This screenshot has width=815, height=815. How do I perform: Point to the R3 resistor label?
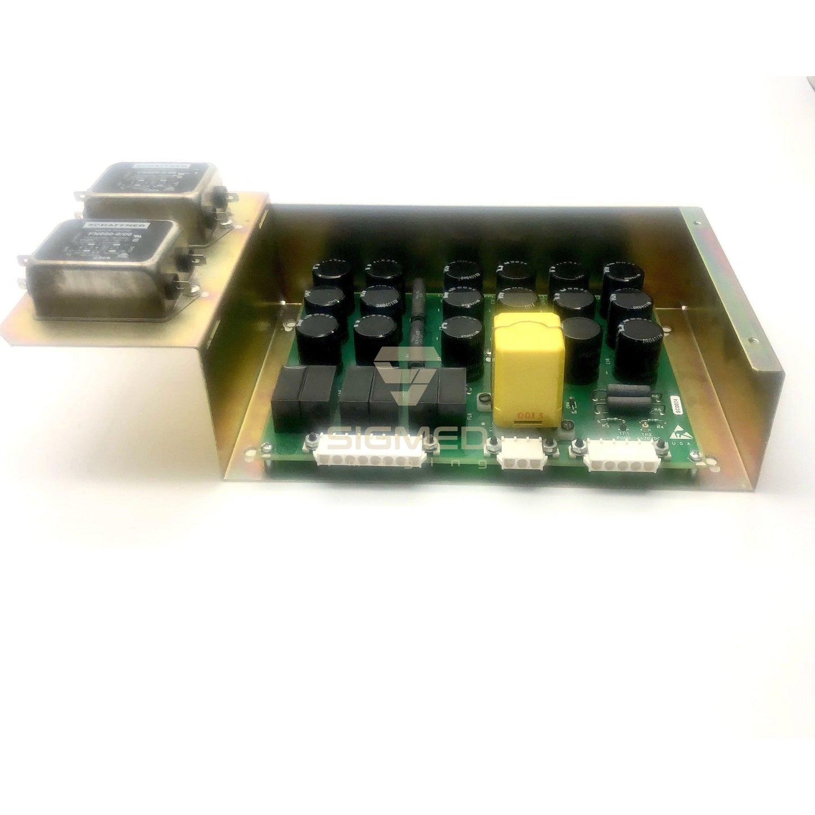pyautogui.click(x=605, y=426)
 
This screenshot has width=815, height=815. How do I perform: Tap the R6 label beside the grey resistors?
pyautogui.click(x=654, y=397)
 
